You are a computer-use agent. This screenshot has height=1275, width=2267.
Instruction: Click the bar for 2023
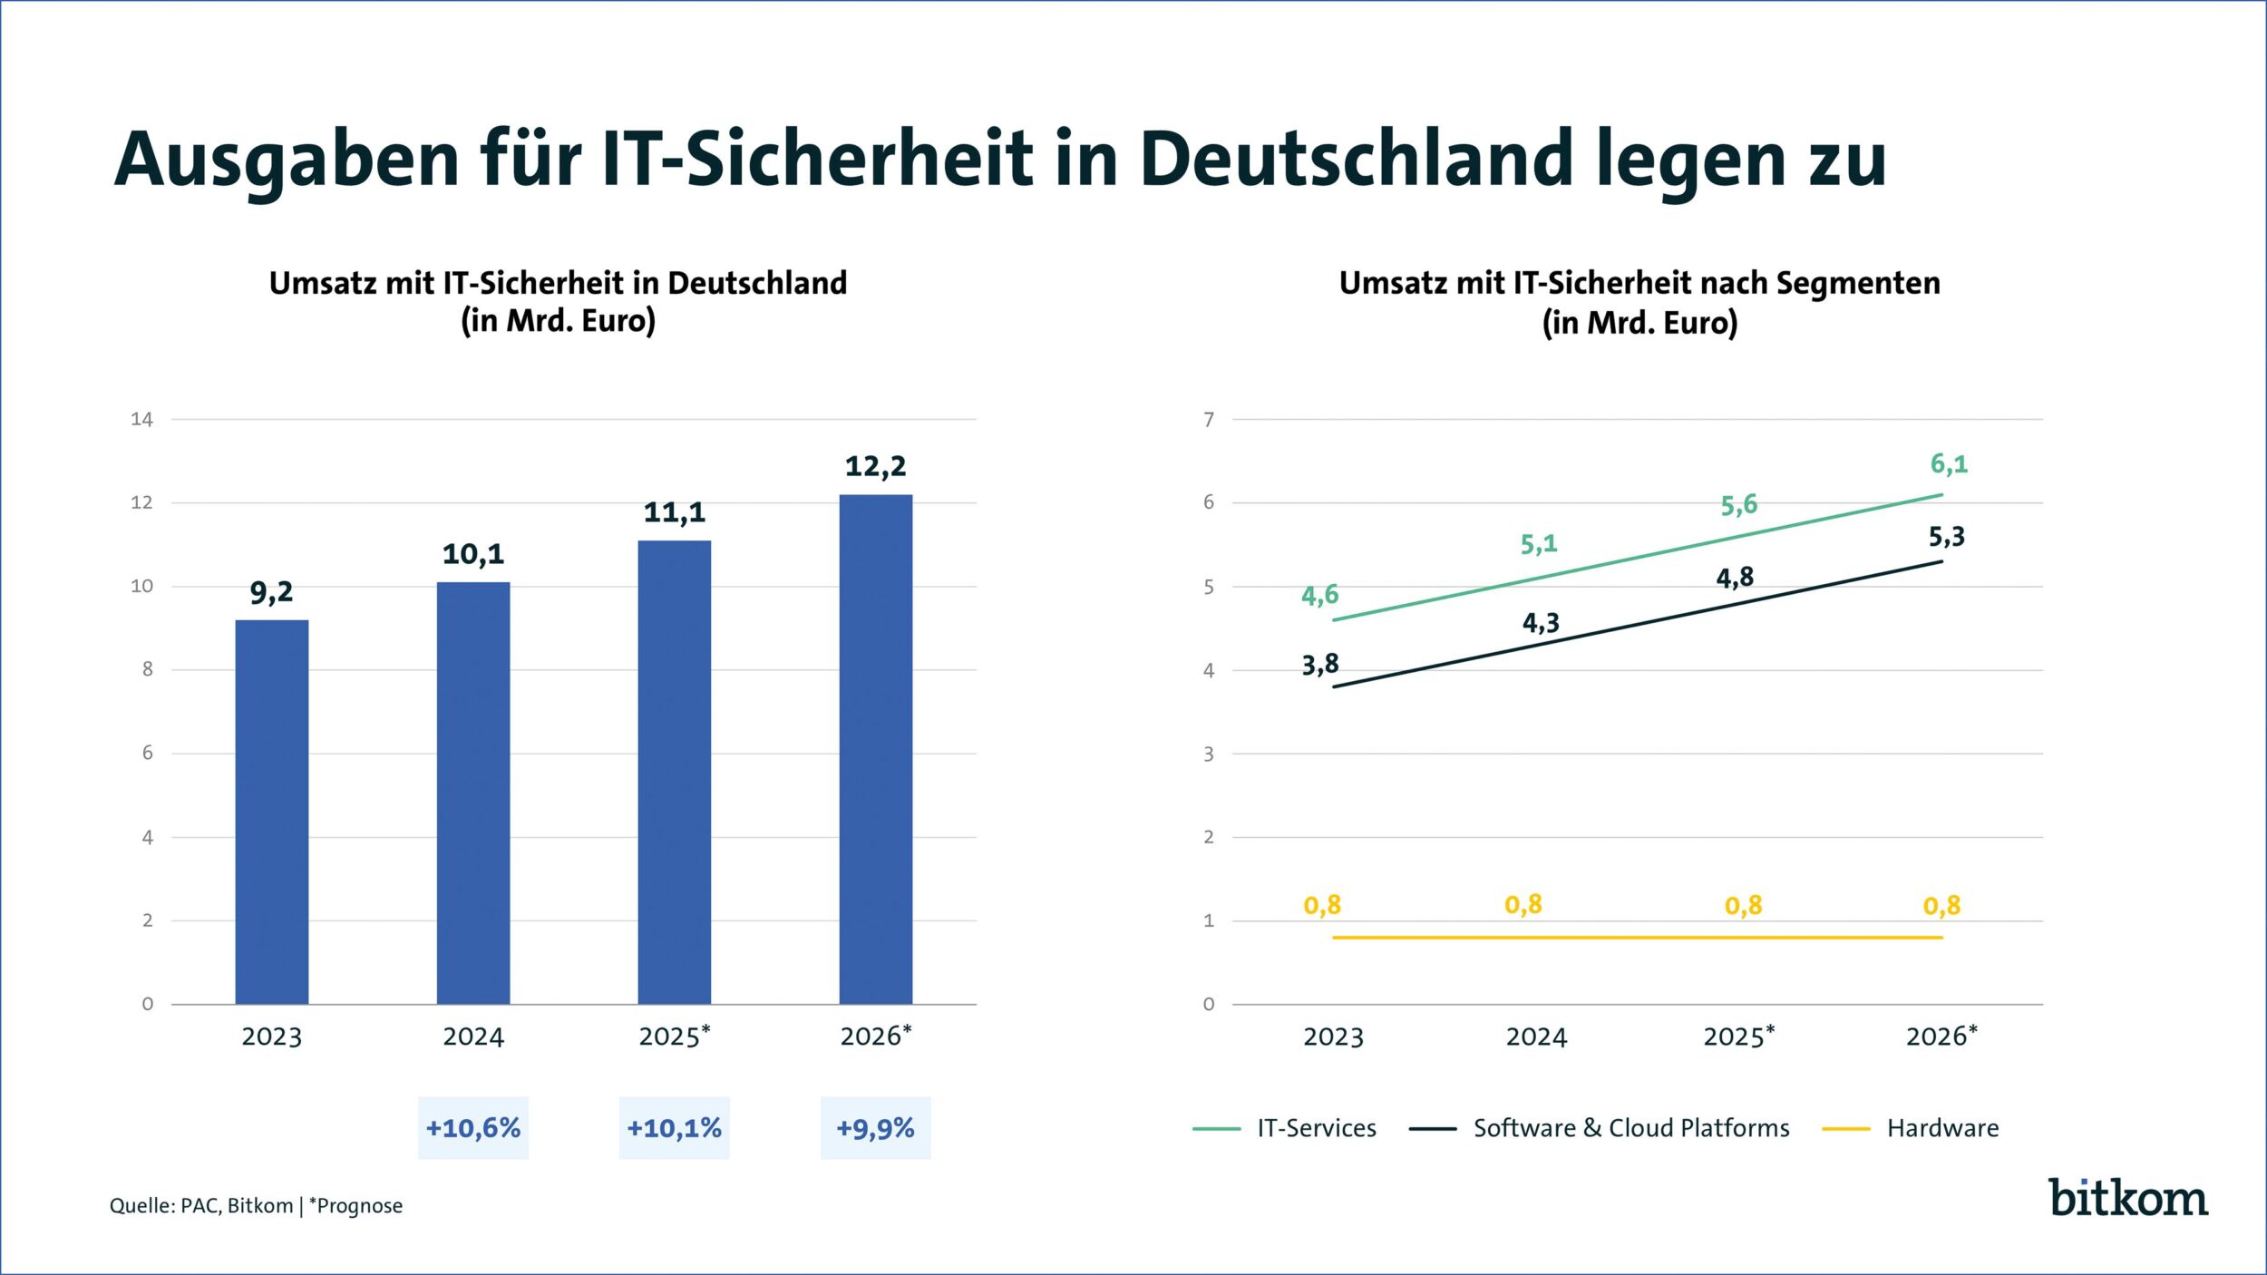(x=271, y=811)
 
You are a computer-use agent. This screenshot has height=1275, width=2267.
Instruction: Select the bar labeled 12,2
(x=875, y=748)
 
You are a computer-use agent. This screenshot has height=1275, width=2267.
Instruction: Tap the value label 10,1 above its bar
(x=472, y=554)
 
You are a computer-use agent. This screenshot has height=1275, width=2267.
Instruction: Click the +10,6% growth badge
(x=472, y=1128)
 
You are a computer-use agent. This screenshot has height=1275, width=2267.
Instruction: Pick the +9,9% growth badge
(x=875, y=1128)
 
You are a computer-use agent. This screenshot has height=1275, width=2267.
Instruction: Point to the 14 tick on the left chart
(x=141, y=419)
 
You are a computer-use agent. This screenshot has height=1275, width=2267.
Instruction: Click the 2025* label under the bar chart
(x=674, y=1036)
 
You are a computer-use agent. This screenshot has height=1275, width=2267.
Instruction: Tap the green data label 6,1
(x=1948, y=464)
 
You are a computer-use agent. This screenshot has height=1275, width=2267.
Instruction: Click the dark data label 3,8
(x=1319, y=665)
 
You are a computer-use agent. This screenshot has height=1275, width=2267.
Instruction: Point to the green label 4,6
(x=1319, y=595)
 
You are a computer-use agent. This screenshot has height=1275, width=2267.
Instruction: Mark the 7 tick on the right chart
(x=1208, y=419)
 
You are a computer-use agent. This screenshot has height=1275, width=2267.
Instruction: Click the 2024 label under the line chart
(x=1536, y=1037)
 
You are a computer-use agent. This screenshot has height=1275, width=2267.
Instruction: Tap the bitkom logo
(x=2127, y=1198)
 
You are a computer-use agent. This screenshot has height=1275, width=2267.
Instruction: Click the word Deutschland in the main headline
(x=1355, y=160)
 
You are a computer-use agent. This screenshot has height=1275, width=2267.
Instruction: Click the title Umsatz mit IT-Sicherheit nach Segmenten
(x=1639, y=283)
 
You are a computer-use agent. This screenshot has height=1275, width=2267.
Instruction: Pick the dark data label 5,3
(x=1946, y=537)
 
